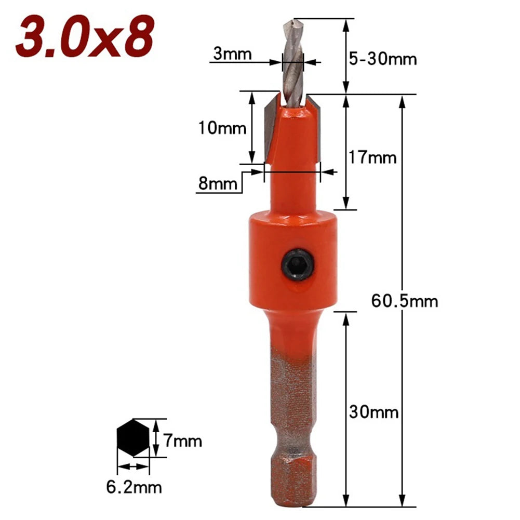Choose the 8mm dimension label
coord(218,183)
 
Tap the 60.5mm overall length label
coord(405,301)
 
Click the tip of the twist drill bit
coord(291,23)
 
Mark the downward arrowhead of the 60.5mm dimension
coord(403,501)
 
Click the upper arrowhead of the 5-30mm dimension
coord(345,23)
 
